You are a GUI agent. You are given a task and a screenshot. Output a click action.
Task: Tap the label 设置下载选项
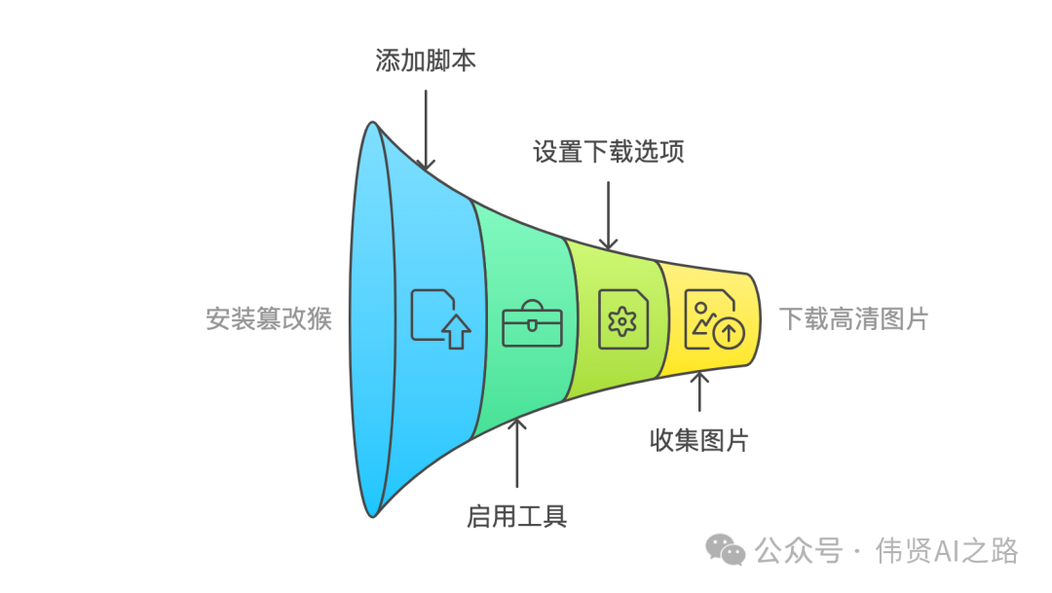click(x=608, y=152)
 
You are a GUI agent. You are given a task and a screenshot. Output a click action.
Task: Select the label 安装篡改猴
click(x=269, y=318)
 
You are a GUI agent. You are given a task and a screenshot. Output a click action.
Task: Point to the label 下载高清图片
click(x=853, y=318)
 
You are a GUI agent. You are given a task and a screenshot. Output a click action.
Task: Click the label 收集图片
click(x=698, y=439)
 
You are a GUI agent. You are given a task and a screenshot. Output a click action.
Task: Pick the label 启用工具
click(x=516, y=515)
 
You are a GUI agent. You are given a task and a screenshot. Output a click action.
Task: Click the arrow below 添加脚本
click(x=426, y=130)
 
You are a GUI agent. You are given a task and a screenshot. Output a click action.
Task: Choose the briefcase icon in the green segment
click(x=532, y=323)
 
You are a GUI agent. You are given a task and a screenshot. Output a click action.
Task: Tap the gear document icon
click(x=622, y=318)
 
